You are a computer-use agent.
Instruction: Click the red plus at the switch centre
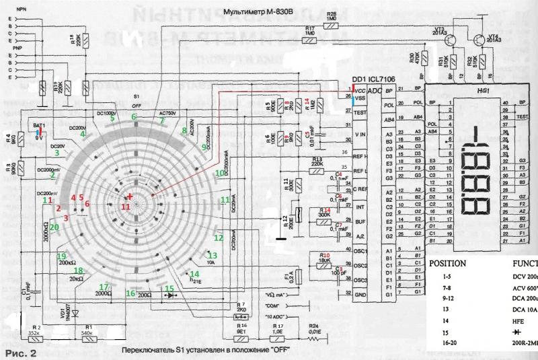click(130, 196)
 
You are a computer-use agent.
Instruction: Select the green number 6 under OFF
click(134, 116)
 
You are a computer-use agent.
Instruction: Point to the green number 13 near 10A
click(212, 256)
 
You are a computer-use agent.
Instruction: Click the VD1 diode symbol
click(75, 314)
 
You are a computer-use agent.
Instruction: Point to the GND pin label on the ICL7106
click(360, 294)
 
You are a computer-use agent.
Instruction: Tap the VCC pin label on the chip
click(360, 89)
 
